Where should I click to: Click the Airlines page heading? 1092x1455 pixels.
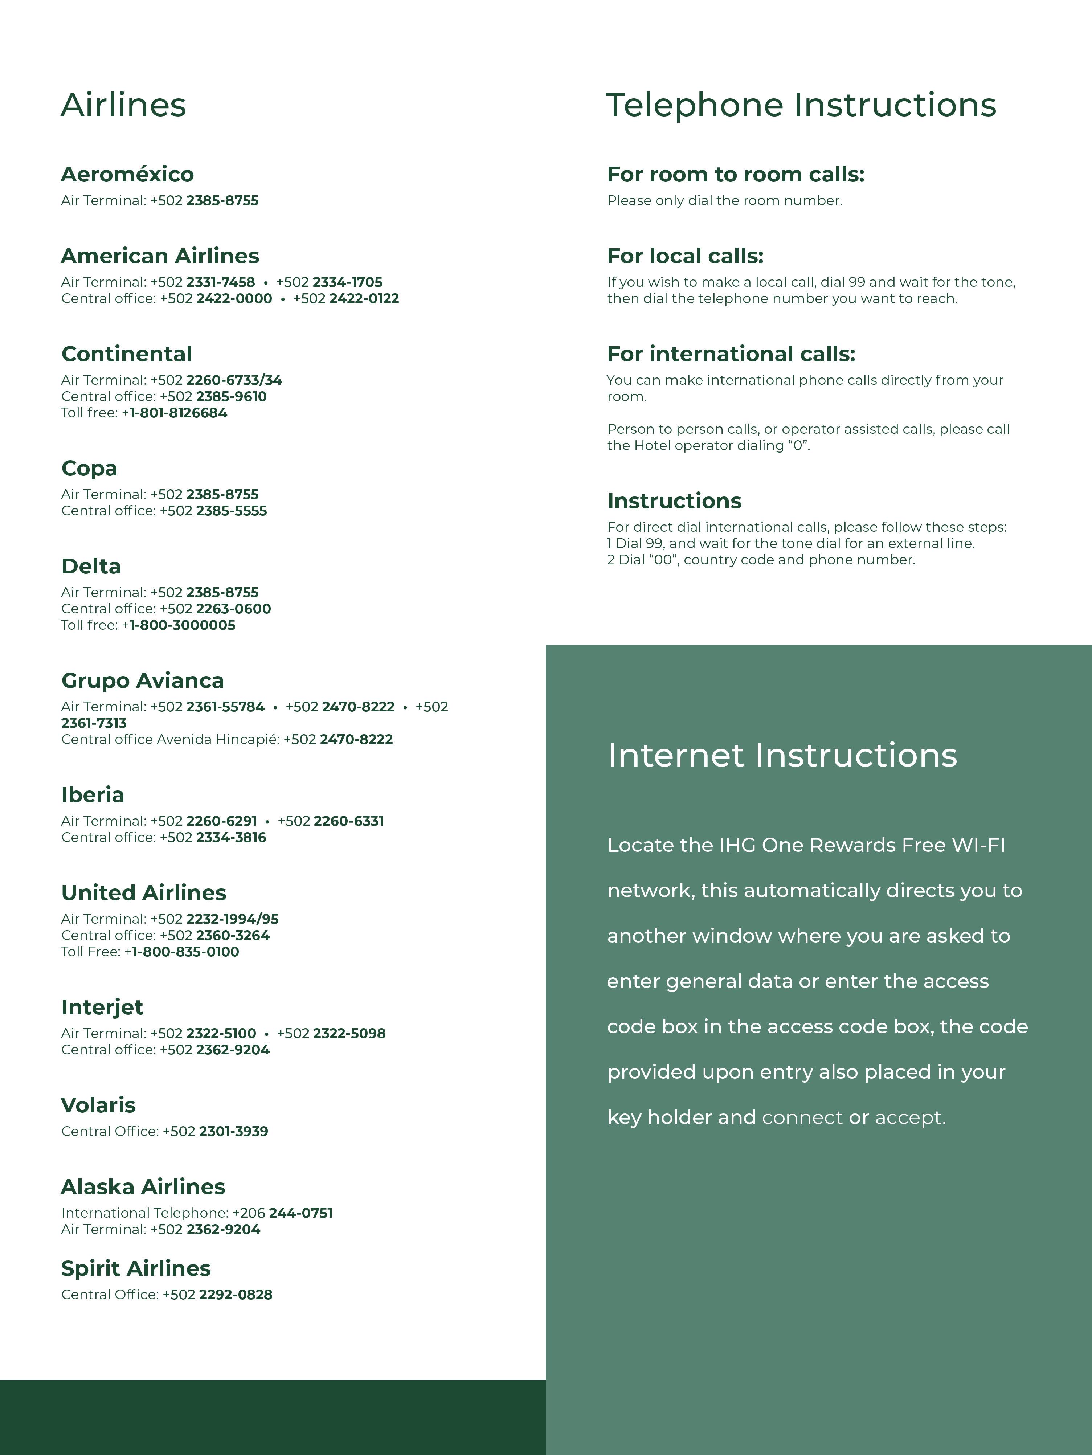[124, 105]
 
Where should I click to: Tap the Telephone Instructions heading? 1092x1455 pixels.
[801, 105]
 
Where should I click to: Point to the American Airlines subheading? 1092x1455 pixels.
[160, 256]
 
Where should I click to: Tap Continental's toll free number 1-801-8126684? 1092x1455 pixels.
[178, 413]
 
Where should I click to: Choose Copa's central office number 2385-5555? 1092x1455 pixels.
[232, 511]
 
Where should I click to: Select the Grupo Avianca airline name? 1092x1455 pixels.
[143, 681]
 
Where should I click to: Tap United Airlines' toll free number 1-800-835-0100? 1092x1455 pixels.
[185, 952]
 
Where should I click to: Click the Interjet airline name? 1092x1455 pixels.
[102, 1007]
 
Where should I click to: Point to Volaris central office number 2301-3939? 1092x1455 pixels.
[233, 1131]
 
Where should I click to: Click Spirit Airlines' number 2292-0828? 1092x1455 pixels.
[236, 1295]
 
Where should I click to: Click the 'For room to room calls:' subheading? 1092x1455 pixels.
[736, 174]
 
